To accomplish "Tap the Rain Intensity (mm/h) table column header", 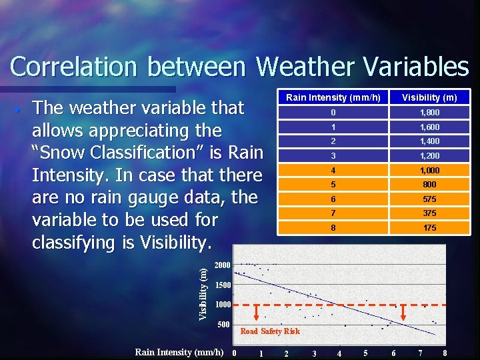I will (333, 97).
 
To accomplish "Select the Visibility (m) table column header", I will (429, 97).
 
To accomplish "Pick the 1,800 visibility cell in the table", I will (429, 113).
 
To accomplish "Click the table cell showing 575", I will (429, 199).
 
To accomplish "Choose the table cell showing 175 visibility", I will (429, 228).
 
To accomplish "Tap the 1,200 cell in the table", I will (429, 156).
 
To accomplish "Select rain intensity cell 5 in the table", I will (333, 185).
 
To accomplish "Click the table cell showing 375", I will (429, 213).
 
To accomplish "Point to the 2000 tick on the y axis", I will (221, 265).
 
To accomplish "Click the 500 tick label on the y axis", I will (224, 325).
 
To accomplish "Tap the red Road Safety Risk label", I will (270, 331).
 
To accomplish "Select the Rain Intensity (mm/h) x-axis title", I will (179, 352).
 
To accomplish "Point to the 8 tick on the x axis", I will (445, 353).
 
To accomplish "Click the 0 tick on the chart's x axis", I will (233, 353).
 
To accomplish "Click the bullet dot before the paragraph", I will (22, 109).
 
